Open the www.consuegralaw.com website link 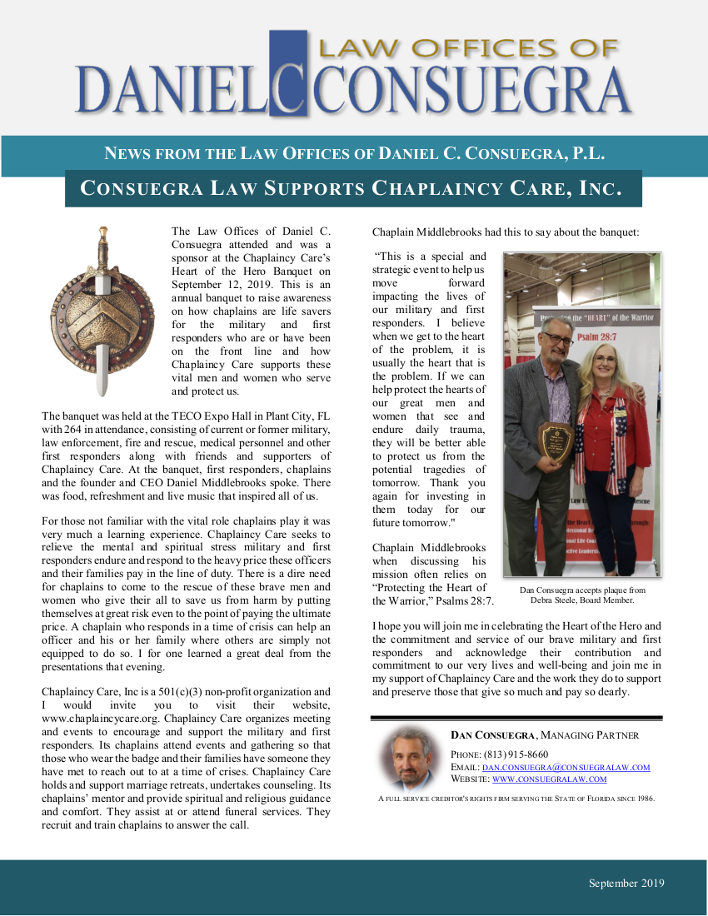coord(549,779)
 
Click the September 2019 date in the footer coord(626,884)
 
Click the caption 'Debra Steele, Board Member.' coord(582,600)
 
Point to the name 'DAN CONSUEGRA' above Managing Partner coord(493,735)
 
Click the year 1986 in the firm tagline coord(643,799)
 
